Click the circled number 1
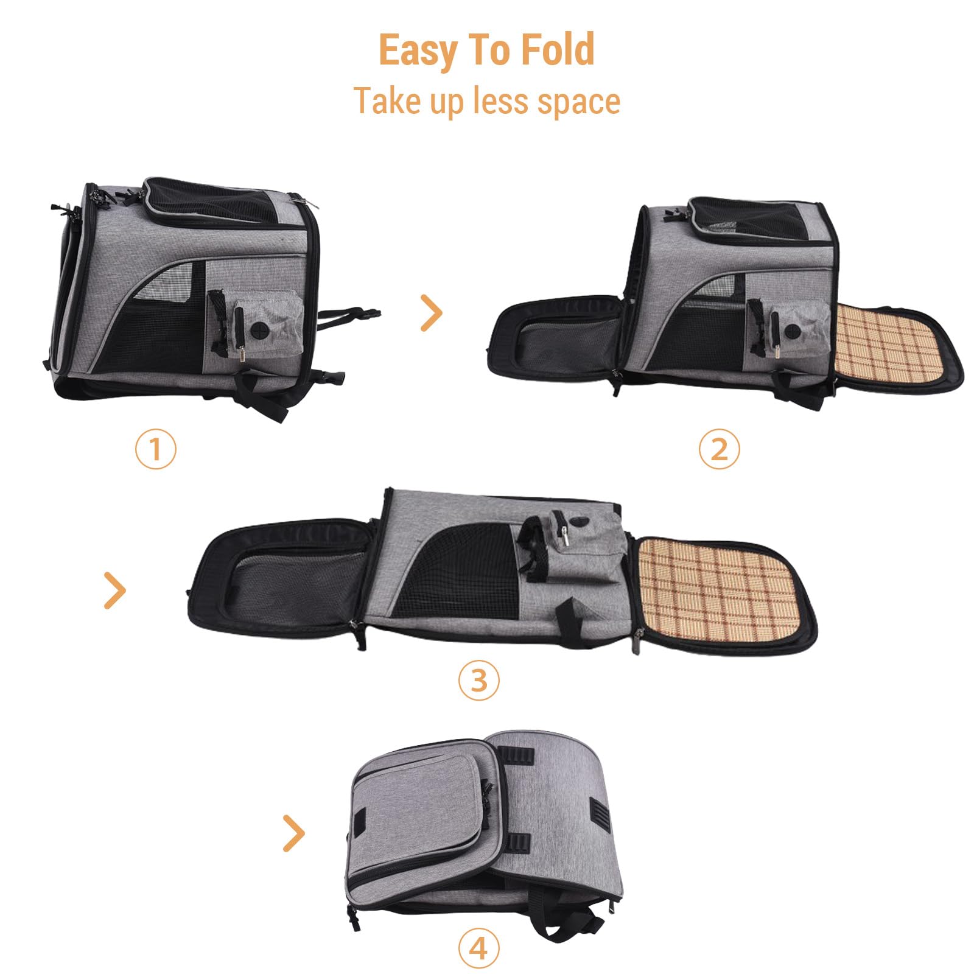155,449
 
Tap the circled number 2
719,449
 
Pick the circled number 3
478,679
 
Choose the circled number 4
478,948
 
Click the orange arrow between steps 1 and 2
432,313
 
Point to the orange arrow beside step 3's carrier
114,590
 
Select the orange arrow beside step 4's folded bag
294,833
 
